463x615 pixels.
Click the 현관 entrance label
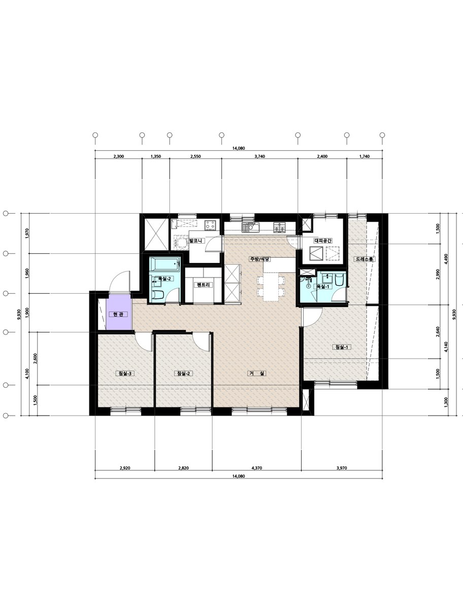tap(118, 315)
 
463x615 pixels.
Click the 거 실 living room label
tap(257, 373)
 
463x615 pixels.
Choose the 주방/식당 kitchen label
tap(260, 259)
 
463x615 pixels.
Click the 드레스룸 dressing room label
tap(365, 259)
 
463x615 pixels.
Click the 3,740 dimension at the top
tap(259, 157)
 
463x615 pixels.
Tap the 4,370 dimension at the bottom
tap(257, 468)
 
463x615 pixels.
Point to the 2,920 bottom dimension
tap(125, 468)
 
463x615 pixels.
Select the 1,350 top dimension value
tap(156, 157)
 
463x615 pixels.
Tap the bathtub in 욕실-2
tap(164, 265)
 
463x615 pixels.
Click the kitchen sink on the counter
tap(251, 227)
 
